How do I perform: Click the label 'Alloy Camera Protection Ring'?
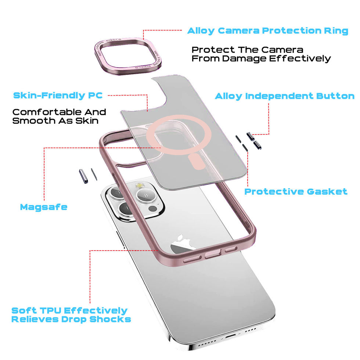pos(267,31)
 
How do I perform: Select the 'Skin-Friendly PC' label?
pos(58,96)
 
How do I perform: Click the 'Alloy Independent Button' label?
pos(284,97)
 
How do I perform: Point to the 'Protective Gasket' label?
pos(296,192)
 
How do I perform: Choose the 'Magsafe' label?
pos(44,207)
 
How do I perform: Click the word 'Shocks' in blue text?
pos(111,319)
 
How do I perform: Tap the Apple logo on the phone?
pos(184,244)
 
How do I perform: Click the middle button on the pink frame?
pos(212,255)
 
